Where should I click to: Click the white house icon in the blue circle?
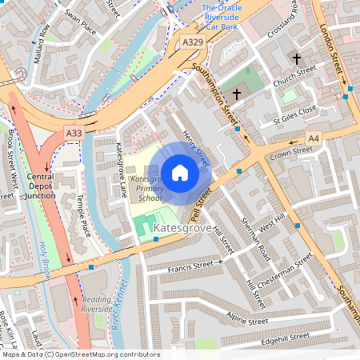[180, 173]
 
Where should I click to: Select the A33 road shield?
[74, 133]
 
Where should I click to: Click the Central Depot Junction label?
[40, 185]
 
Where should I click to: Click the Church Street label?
[295, 74]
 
